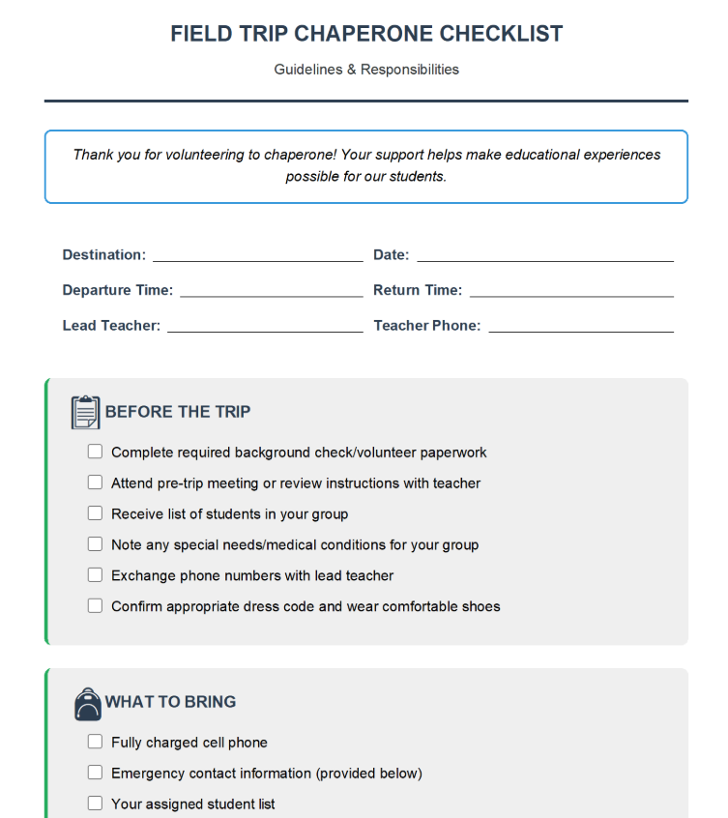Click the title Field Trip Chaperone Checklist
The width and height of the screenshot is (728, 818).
pyautogui.click(x=366, y=34)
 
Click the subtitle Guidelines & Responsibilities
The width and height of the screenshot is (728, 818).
pyautogui.click(x=366, y=70)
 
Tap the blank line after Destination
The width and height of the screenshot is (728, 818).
pyautogui.click(x=257, y=257)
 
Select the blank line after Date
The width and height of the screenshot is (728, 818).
pyautogui.click(x=545, y=257)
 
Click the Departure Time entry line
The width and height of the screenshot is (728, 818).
pyautogui.click(x=271, y=292)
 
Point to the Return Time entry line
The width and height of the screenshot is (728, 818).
pyautogui.click(x=571, y=292)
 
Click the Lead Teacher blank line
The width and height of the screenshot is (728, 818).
pyautogui.click(x=265, y=328)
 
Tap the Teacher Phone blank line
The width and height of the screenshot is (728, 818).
pyautogui.click(x=581, y=328)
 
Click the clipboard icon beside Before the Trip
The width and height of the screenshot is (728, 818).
pyautogui.click(x=85, y=412)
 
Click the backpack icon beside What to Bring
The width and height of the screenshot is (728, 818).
pyautogui.click(x=87, y=703)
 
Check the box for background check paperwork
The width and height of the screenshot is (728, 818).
pyautogui.click(x=95, y=452)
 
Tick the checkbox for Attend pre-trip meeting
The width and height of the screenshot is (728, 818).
pyautogui.click(x=95, y=482)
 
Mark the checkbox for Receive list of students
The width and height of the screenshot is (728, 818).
pyautogui.click(x=95, y=513)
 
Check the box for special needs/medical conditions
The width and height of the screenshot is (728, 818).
pyautogui.click(x=95, y=544)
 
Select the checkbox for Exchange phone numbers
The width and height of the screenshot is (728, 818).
pyautogui.click(x=95, y=575)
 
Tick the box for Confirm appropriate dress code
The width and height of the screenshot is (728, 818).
pyautogui.click(x=95, y=606)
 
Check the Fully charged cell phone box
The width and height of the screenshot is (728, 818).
pyautogui.click(x=95, y=742)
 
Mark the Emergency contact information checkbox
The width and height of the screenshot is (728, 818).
pyautogui.click(x=95, y=773)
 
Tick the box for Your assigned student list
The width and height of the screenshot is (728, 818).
pyautogui.click(x=95, y=803)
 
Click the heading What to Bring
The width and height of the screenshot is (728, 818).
pyautogui.click(x=170, y=702)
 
